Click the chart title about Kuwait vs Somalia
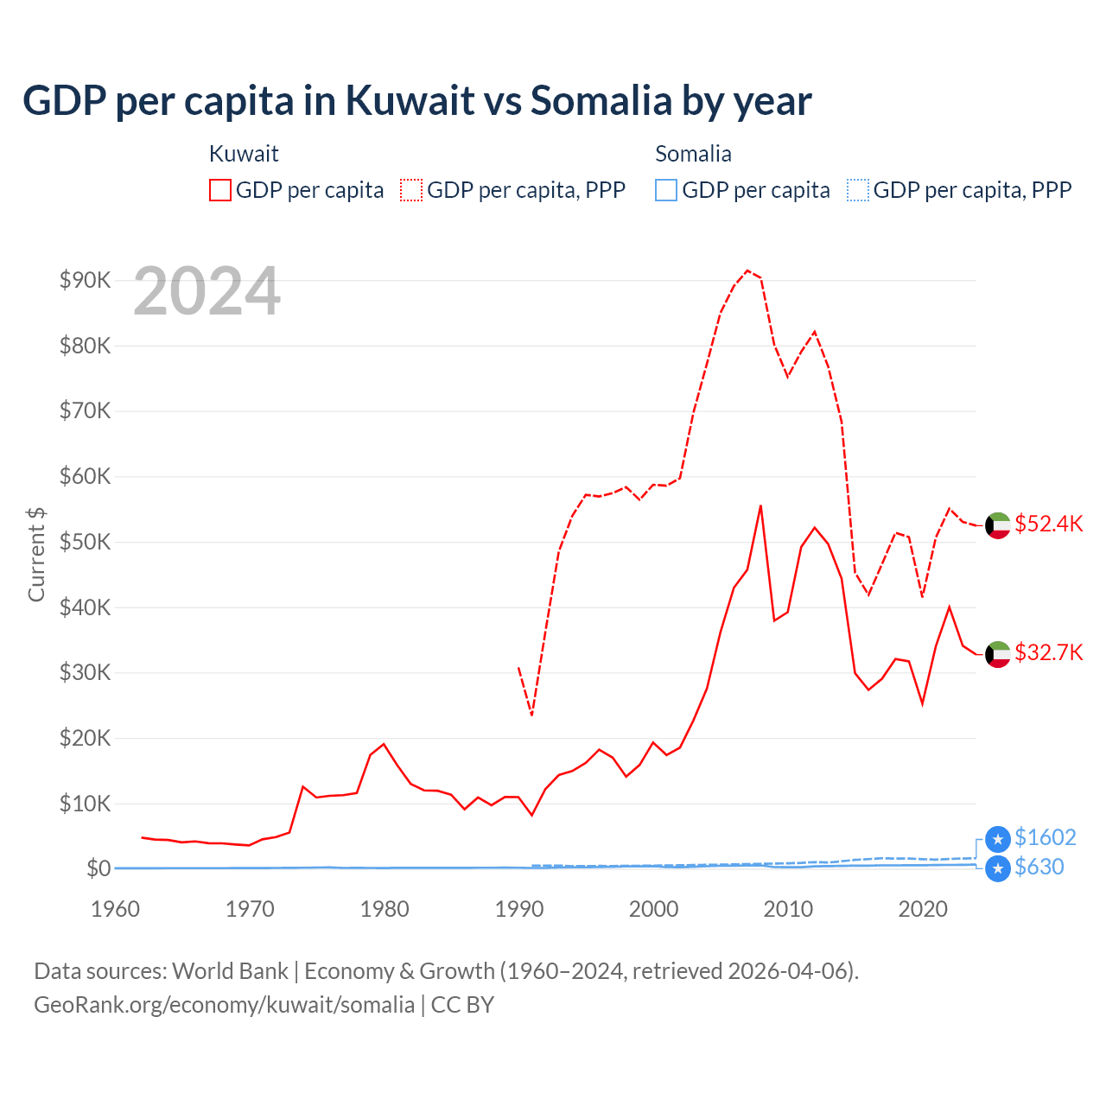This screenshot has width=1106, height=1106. click(x=416, y=101)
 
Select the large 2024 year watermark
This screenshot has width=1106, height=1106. click(x=207, y=292)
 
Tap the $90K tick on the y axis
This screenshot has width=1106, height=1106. click(x=85, y=280)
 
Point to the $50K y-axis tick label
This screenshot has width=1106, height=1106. click(x=85, y=542)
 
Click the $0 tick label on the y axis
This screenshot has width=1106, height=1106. click(x=98, y=868)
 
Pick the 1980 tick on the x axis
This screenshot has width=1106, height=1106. click(x=385, y=909)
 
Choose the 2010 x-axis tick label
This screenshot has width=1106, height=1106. click(x=788, y=909)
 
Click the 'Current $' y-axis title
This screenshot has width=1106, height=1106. click(x=36, y=554)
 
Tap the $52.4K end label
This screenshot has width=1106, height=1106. click(x=1048, y=524)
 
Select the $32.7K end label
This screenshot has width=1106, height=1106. click(x=1048, y=652)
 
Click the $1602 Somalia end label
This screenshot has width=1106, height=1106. click(x=1045, y=837)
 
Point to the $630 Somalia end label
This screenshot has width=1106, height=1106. click(x=1039, y=867)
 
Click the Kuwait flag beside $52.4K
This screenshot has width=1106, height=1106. click(x=998, y=525)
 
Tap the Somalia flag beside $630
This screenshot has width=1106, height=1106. click(x=998, y=868)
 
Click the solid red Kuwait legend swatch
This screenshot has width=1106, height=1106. click(x=220, y=190)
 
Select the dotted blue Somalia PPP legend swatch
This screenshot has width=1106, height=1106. click(x=858, y=190)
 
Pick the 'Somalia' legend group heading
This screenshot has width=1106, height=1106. click(x=693, y=154)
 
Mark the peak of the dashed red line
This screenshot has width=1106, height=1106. click(x=747, y=270)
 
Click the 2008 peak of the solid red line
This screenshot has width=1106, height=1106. click(x=760, y=505)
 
